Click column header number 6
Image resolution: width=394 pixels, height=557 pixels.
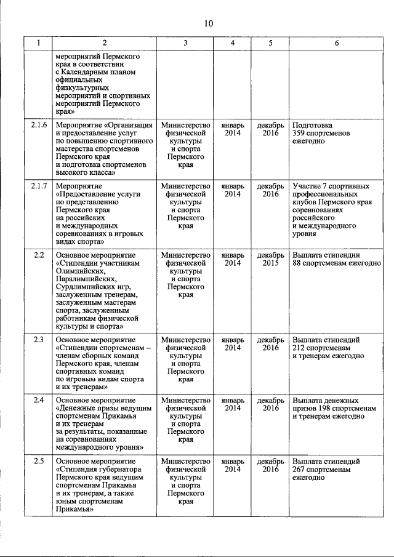pos(336,43)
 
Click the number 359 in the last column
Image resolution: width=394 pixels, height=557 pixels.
pos(299,134)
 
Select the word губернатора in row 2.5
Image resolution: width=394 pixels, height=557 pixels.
pos(120,470)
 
